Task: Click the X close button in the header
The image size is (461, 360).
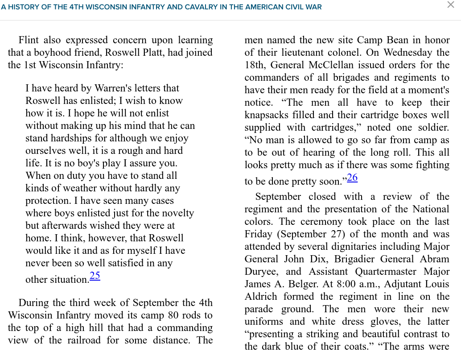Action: point(451,5)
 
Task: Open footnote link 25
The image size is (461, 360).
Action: point(95,276)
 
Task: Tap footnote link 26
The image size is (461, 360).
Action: point(352,178)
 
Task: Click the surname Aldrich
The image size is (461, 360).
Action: point(261,297)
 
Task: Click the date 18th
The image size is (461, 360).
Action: point(255,65)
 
